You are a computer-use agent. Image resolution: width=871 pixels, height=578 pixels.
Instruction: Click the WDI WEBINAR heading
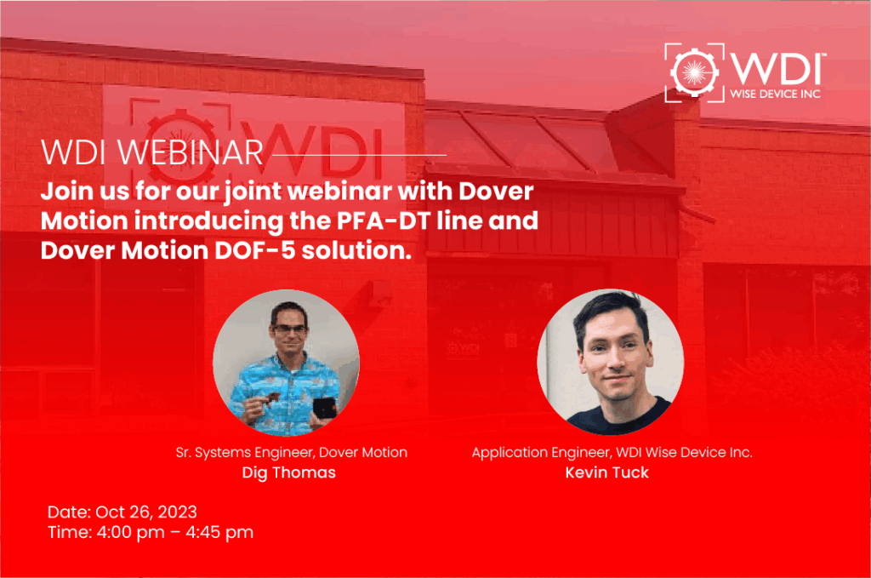click(x=151, y=152)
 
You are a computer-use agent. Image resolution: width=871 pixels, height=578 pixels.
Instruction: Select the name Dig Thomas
click(x=288, y=472)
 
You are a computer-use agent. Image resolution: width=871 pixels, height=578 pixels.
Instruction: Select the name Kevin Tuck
click(x=606, y=472)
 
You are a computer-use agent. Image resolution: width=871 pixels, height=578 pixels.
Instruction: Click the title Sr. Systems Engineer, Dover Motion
click(x=288, y=453)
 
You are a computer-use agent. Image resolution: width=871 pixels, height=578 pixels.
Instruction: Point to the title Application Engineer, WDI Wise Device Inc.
click(x=612, y=453)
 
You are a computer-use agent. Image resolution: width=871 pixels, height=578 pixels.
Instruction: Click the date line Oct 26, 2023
click(x=122, y=512)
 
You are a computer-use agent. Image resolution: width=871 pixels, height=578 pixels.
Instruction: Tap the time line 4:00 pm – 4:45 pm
click(x=151, y=533)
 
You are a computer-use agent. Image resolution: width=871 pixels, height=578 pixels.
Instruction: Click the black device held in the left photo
click(x=322, y=408)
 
